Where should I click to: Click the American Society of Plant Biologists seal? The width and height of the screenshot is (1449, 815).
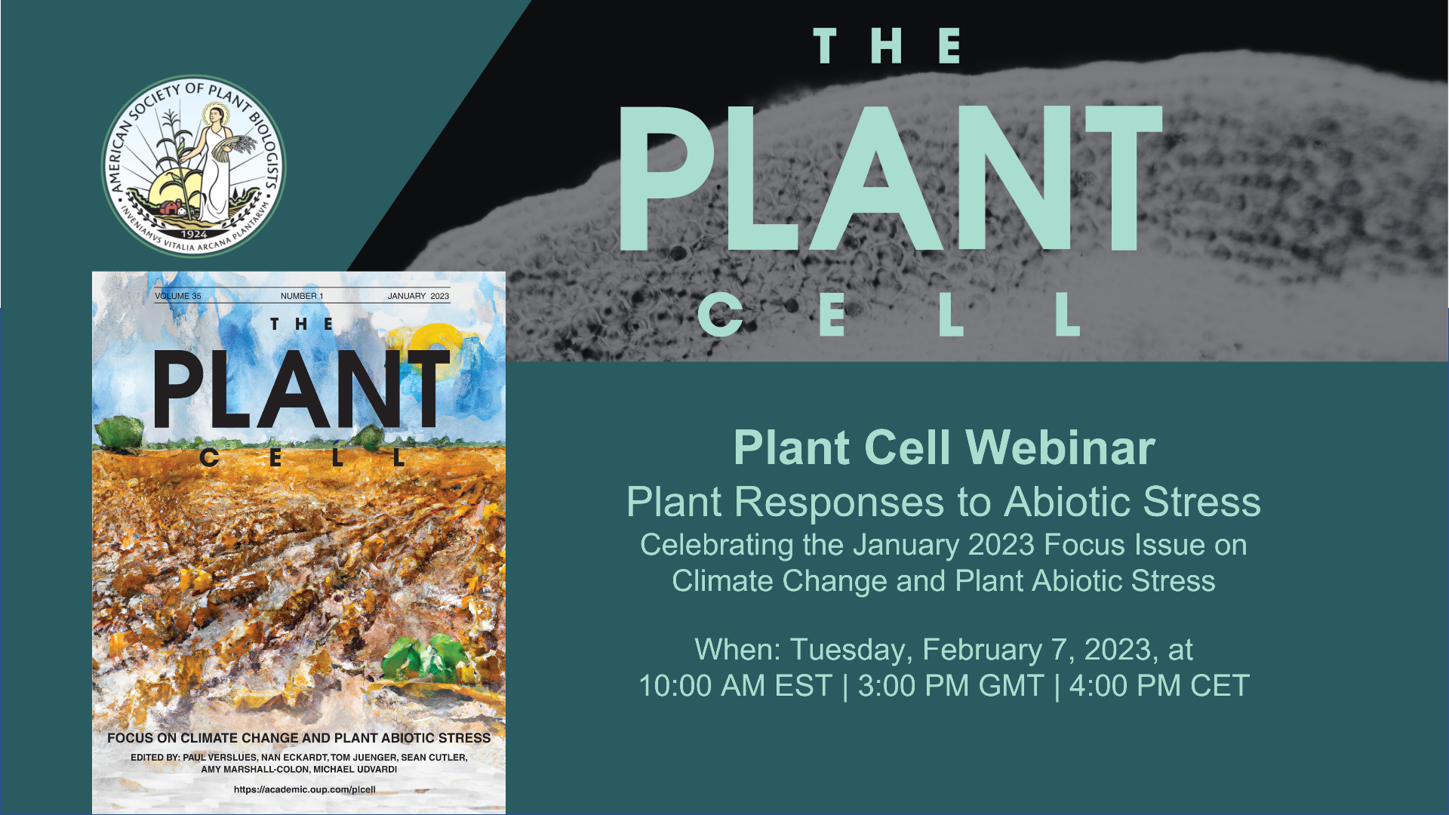point(194,166)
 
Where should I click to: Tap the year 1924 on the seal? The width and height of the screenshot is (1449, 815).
point(195,235)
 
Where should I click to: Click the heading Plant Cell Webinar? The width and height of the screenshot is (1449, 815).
point(944,447)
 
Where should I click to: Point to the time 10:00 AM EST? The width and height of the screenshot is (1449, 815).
point(735,686)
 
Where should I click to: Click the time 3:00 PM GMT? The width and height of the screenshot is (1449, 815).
point(951,686)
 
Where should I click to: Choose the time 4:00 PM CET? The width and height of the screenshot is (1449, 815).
point(1159,686)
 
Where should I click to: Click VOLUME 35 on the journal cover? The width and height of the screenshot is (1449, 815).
point(178,296)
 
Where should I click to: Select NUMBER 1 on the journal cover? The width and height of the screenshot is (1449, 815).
point(302,296)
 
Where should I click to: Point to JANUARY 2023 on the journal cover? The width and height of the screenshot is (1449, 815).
point(418,296)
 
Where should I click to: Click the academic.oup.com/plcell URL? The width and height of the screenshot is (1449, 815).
point(305,789)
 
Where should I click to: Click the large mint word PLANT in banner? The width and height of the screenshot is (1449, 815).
point(891,178)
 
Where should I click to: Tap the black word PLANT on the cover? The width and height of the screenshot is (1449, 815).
point(302,389)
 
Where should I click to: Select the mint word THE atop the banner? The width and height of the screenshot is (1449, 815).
point(887,46)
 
